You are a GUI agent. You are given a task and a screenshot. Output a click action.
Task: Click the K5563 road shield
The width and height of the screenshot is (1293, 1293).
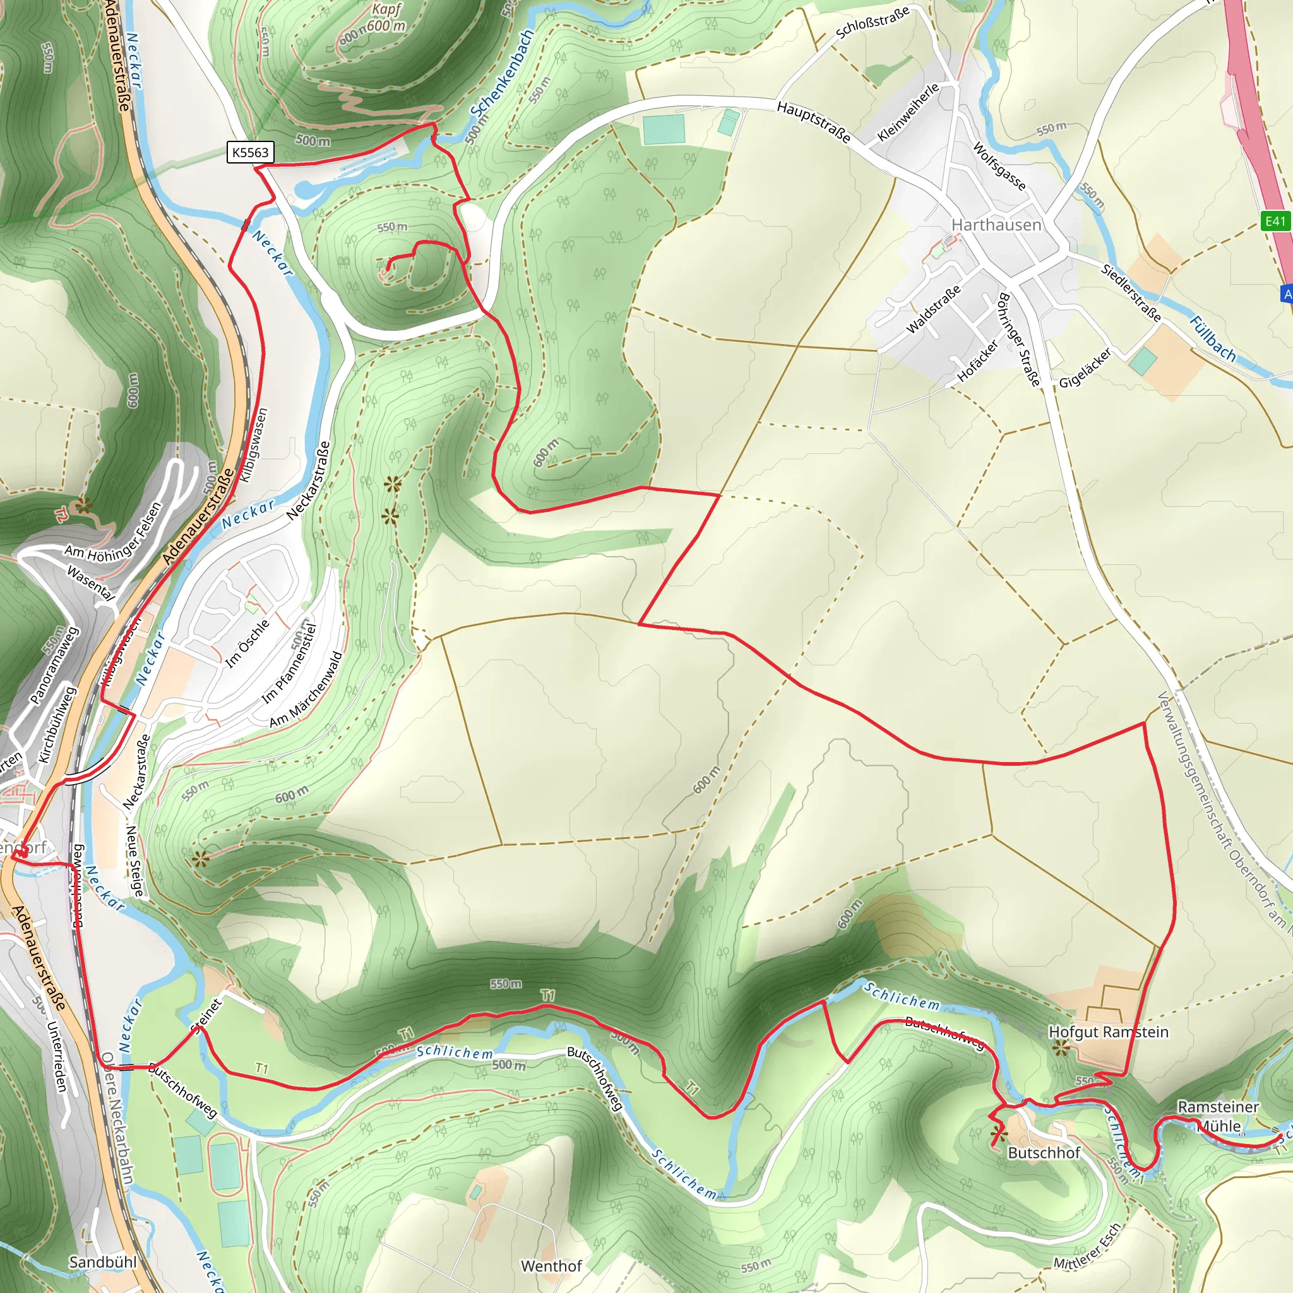(250, 153)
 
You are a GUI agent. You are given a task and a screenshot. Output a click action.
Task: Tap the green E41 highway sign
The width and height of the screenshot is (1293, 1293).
(1275, 222)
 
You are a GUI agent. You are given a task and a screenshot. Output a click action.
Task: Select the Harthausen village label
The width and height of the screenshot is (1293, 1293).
(996, 225)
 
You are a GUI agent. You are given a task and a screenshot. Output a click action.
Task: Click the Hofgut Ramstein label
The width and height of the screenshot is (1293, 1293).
(1108, 1032)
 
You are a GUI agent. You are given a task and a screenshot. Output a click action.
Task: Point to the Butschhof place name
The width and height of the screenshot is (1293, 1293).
(1044, 1152)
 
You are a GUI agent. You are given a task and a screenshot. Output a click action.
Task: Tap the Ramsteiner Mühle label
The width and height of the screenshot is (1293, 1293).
(1218, 1116)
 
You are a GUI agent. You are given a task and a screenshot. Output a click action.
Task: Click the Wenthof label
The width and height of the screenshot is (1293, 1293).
(551, 1266)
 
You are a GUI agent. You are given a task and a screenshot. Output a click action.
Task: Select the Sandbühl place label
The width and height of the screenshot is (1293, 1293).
(103, 1262)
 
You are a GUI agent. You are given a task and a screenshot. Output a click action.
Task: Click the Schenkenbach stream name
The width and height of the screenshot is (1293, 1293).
(501, 73)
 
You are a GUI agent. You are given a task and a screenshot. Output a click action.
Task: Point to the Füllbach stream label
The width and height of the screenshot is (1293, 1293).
(1212, 338)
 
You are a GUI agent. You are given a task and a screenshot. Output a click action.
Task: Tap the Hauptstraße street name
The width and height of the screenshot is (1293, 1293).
(813, 122)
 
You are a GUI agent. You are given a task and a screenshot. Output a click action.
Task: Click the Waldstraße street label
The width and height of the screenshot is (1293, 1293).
(933, 309)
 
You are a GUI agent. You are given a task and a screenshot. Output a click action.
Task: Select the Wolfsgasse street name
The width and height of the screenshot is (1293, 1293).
(999, 166)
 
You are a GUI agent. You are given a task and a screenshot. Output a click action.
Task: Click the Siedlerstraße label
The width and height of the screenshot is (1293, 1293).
(1131, 292)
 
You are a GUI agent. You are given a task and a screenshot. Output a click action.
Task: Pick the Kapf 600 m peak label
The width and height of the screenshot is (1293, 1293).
(386, 18)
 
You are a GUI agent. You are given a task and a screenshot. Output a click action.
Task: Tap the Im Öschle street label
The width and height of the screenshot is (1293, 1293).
(247, 643)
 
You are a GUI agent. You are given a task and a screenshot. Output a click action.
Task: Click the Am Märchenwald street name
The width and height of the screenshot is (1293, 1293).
(306, 689)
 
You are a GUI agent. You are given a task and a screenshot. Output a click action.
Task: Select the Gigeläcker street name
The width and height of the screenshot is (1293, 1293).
(1085, 368)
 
